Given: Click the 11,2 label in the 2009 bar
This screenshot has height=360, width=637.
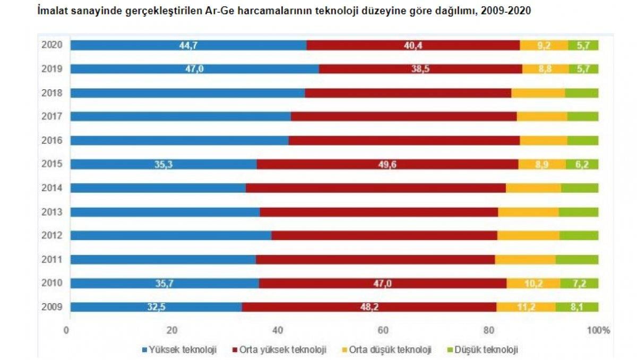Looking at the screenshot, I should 526,307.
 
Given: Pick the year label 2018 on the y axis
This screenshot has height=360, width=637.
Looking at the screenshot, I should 53,93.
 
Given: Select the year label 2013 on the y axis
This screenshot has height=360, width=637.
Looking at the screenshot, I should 53,212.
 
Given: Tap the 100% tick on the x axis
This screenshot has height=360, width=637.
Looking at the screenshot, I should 599,330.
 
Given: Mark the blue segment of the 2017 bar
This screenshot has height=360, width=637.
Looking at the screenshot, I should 180,117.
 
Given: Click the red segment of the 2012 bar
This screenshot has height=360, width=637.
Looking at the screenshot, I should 384,236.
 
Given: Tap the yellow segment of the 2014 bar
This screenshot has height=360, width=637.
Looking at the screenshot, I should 533,188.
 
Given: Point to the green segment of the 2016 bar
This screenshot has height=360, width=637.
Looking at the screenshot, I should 583,141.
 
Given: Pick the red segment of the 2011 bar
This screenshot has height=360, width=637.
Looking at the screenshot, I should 375,260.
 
